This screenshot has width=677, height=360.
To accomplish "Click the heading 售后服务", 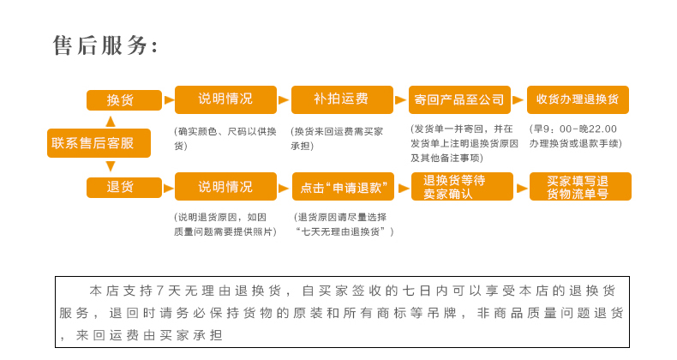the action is [105, 45].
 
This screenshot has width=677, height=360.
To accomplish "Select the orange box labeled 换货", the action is [124, 100].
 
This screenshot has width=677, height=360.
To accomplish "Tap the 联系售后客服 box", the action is [99, 143].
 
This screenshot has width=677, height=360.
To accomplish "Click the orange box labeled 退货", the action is [124, 187].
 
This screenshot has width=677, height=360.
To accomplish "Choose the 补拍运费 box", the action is [342, 99].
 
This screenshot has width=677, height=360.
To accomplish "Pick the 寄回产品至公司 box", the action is [459, 99].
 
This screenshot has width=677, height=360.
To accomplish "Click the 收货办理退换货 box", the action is [578, 99].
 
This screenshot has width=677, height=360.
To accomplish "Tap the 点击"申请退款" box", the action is [343, 187].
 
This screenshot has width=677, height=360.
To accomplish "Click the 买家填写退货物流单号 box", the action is [580, 187].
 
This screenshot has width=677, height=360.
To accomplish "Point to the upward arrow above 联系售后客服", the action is [111, 121].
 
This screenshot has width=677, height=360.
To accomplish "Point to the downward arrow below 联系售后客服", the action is [111, 166].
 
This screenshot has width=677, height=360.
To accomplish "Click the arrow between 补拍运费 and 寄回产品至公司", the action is [401, 100].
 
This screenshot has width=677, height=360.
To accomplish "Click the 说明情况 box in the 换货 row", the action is [225, 99].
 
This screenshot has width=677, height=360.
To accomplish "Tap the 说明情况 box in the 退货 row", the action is [225, 187].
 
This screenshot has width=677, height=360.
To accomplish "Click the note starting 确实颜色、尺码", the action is [225, 138].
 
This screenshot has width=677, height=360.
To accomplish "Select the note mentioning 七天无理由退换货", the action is [343, 225].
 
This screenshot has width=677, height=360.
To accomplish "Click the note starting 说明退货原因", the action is [225, 225].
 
